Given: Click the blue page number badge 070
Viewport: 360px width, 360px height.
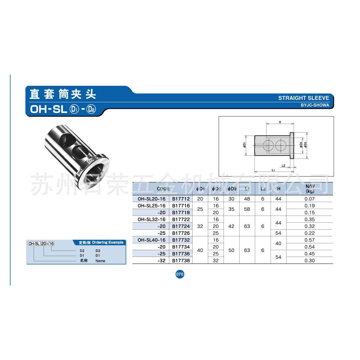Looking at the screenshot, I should click(180, 274).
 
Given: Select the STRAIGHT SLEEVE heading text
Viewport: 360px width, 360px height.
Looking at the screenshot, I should click(303, 98).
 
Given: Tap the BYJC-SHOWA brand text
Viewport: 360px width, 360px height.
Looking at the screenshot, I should click(315, 105).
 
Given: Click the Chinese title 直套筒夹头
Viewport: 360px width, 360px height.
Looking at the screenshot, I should click(63, 94).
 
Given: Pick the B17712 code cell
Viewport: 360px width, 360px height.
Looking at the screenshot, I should click(181, 199).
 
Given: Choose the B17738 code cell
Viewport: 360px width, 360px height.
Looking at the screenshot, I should click(181, 260).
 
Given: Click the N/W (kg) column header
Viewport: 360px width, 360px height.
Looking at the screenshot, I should click(310, 189).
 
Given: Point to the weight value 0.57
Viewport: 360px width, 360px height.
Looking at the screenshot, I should click(310, 240).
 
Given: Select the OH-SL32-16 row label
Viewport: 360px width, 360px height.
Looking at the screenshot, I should click(152, 219).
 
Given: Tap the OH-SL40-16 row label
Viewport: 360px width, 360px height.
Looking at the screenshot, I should click(152, 240).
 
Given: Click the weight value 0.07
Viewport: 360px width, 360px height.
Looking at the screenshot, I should click(310, 199).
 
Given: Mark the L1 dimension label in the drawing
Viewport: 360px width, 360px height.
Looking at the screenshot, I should click(273, 170).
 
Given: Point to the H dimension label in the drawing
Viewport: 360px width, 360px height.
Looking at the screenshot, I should click(280, 123).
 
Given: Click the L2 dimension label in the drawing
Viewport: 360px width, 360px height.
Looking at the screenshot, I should click(284, 166).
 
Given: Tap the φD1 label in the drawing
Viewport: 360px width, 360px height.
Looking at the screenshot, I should click(244, 145).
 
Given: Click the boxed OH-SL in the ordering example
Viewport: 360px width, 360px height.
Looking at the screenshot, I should click(34, 244).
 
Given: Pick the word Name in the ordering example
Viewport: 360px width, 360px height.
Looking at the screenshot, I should click(100, 261).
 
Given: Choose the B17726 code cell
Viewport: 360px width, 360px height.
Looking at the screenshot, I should click(181, 233).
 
